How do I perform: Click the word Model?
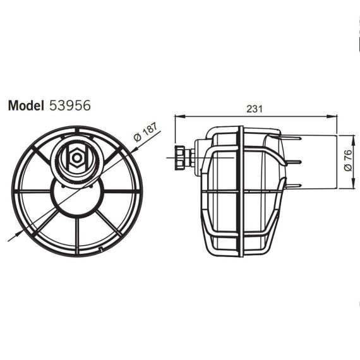[x=26, y=105]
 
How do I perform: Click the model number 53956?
[x=70, y=105]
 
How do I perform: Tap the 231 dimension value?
[x=255, y=109]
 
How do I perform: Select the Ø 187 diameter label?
[x=146, y=132]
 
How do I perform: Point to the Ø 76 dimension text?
[x=348, y=160]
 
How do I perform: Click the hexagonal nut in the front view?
[x=77, y=158]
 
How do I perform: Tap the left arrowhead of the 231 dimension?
[x=180, y=116]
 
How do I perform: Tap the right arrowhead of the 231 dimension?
[x=332, y=116]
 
